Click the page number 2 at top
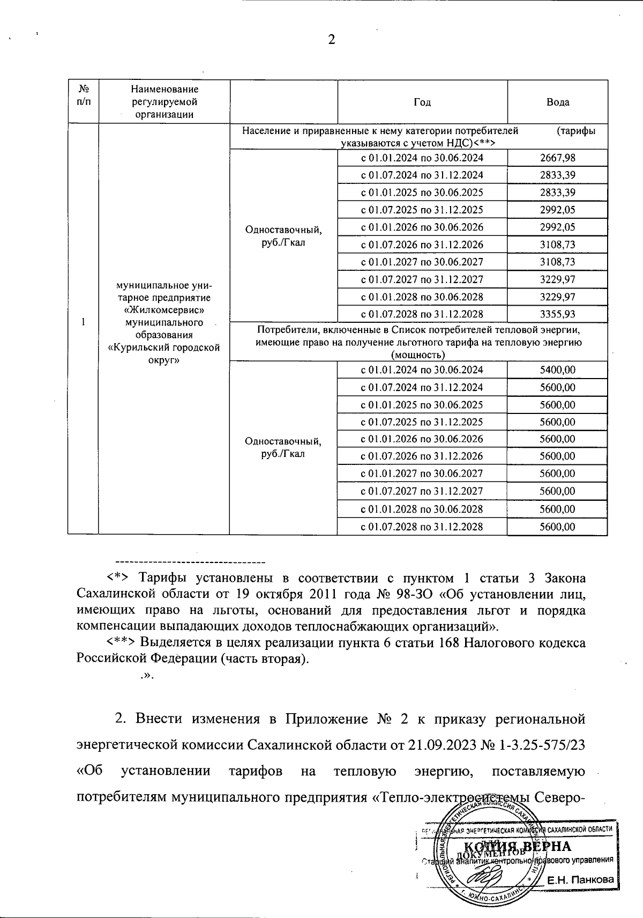coord(331,40)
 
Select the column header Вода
coord(557,102)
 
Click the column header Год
coord(422,102)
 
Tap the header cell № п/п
coord(83,95)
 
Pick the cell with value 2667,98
coord(557,158)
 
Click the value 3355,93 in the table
coord(557,314)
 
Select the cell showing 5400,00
coord(557,370)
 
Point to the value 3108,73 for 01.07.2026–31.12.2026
coord(557,245)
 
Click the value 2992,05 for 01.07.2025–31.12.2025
coord(557,210)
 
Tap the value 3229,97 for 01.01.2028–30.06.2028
coord(557,297)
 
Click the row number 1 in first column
coord(83,322)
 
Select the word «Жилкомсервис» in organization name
coord(164,310)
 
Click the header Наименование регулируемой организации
coord(164,102)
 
